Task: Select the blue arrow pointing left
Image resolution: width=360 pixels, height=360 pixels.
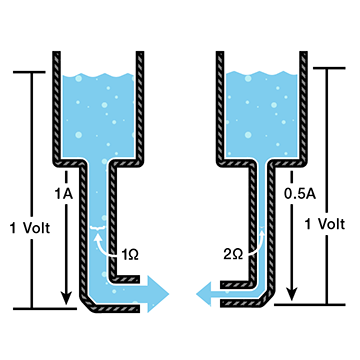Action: click(x=211, y=293)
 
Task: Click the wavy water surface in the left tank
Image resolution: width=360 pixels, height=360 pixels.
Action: click(x=101, y=76)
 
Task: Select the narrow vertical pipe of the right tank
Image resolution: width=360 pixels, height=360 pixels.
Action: click(x=256, y=220)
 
